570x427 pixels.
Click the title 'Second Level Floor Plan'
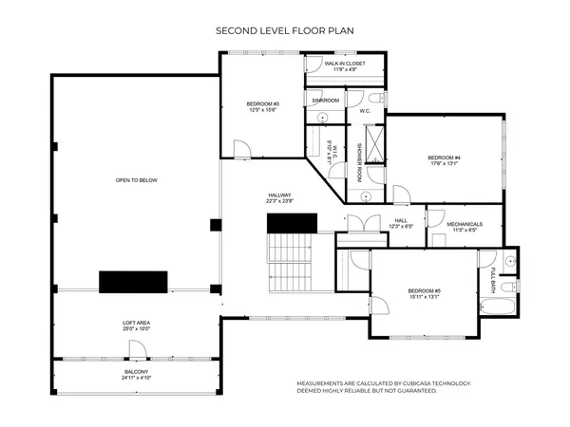285,31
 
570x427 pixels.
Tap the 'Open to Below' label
137,179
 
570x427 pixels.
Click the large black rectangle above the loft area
133,282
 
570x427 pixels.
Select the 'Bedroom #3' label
263,105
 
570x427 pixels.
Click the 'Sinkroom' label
326,100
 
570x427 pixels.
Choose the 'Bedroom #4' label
444,159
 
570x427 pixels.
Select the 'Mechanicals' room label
465,226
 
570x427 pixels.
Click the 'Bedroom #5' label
424,293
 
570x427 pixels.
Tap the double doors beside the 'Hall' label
357,223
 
